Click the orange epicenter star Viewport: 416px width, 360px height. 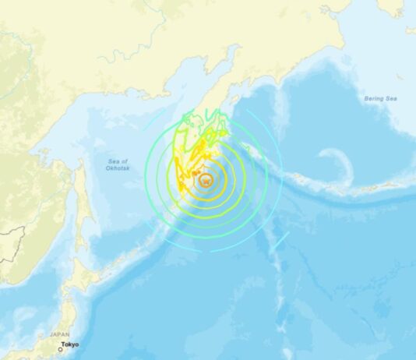206,180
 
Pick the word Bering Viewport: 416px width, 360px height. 374,98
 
